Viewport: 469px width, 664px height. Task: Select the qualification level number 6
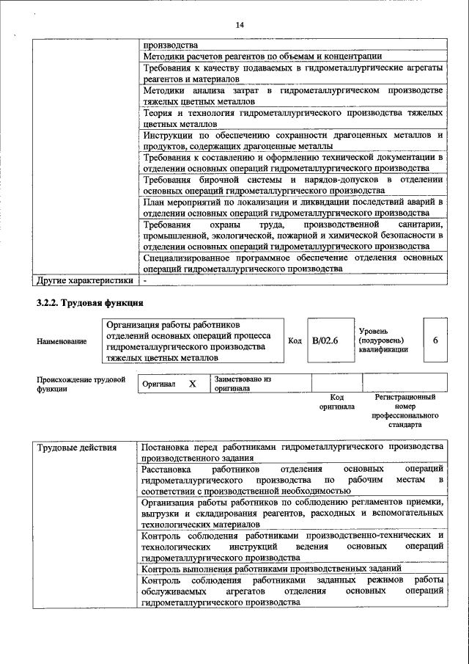435,340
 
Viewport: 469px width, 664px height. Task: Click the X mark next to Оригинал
193,384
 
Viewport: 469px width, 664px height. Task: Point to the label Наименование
62,341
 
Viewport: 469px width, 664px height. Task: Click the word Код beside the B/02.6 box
295,340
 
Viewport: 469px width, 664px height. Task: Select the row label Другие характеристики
85,280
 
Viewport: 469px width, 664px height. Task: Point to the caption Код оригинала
336,401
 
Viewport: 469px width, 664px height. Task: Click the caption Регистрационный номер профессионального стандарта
405,410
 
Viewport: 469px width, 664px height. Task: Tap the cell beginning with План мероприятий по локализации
293,208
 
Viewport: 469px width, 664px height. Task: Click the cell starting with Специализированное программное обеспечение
293,263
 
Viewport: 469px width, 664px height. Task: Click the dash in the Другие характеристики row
146,280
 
